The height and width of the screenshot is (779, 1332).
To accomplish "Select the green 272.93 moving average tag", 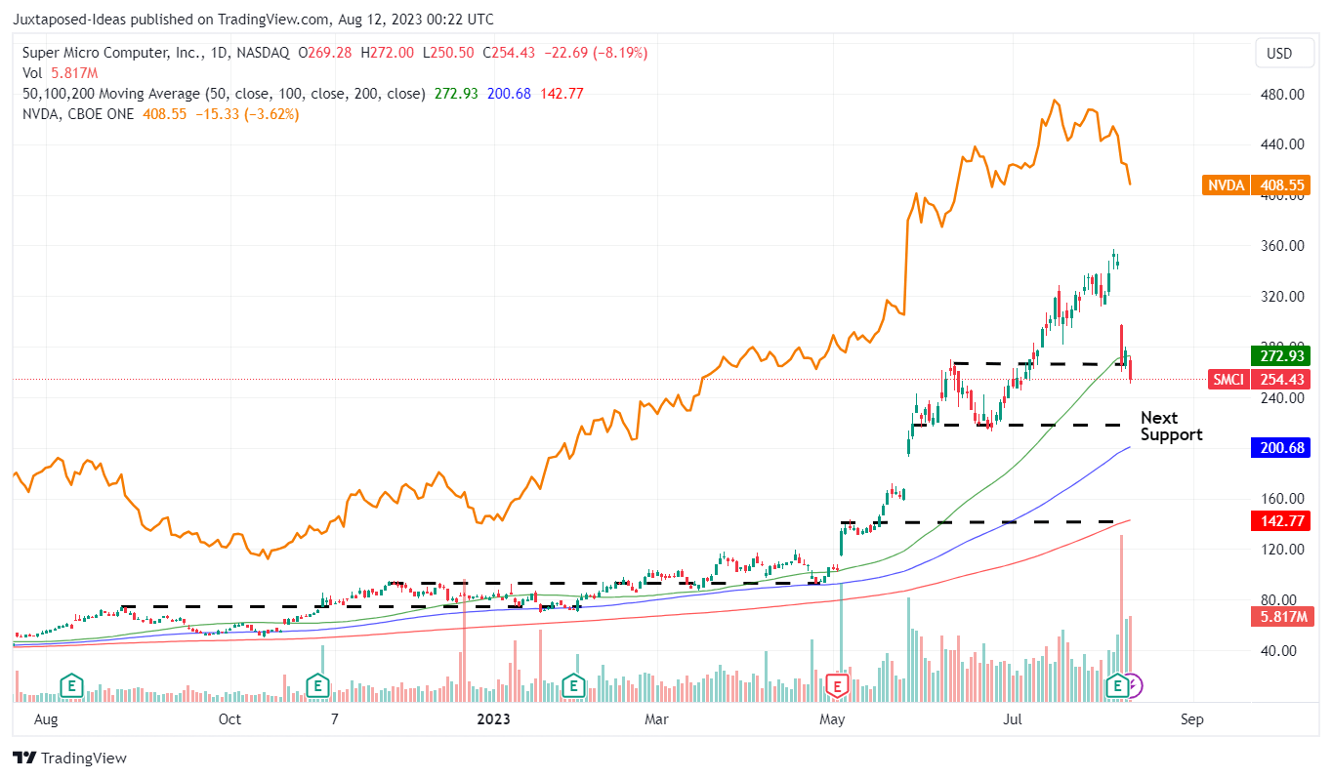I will (x=1279, y=356).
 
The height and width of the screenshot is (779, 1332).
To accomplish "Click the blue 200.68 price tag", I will (x=1279, y=447).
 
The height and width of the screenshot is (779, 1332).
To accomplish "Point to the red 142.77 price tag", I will (x=1279, y=522).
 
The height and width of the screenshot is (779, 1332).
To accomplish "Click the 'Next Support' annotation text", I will (x=1171, y=427).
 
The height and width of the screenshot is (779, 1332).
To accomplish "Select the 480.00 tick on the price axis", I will (x=1282, y=95).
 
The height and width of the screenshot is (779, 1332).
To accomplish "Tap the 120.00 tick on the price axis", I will (x=1282, y=550).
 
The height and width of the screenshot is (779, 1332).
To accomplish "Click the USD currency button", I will (x=1279, y=54).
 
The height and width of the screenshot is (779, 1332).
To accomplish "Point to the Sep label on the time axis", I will (x=1191, y=719).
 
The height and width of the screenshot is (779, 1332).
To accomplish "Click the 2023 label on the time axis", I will (x=493, y=719).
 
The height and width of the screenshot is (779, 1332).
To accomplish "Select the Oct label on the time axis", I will (x=229, y=719).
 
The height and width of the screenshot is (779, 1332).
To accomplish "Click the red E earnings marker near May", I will (x=837, y=685).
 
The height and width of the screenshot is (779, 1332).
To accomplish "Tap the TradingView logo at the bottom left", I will (x=69, y=758).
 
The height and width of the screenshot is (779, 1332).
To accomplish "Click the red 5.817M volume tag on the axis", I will (x=1279, y=617).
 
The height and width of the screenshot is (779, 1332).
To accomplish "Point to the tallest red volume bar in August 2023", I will (x=1121, y=615).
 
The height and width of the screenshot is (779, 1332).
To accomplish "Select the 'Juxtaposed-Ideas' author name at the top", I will (x=69, y=19).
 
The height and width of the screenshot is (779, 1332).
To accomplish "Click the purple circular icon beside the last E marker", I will (x=1132, y=686).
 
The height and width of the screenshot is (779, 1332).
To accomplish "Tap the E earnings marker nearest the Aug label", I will (x=70, y=685).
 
